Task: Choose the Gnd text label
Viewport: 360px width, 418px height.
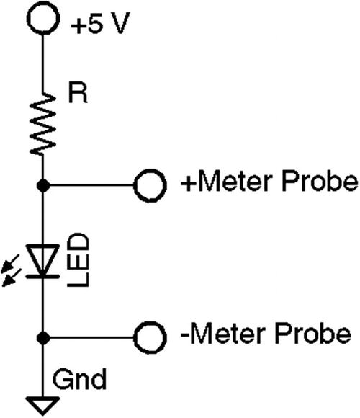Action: pyautogui.click(x=80, y=378)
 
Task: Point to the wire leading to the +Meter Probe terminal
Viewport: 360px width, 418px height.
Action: pyautogui.click(x=90, y=185)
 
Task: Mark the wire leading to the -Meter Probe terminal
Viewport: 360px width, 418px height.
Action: pyautogui.click(x=90, y=336)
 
